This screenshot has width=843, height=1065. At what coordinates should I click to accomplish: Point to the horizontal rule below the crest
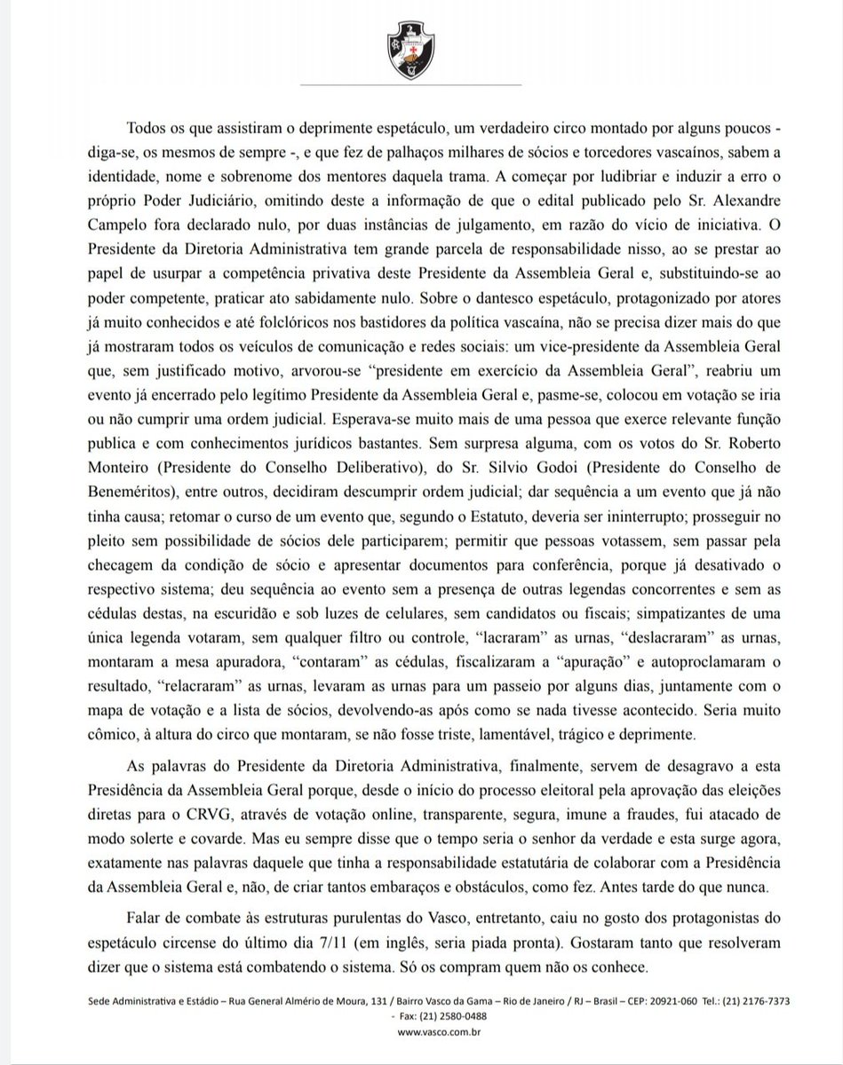click(421, 86)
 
